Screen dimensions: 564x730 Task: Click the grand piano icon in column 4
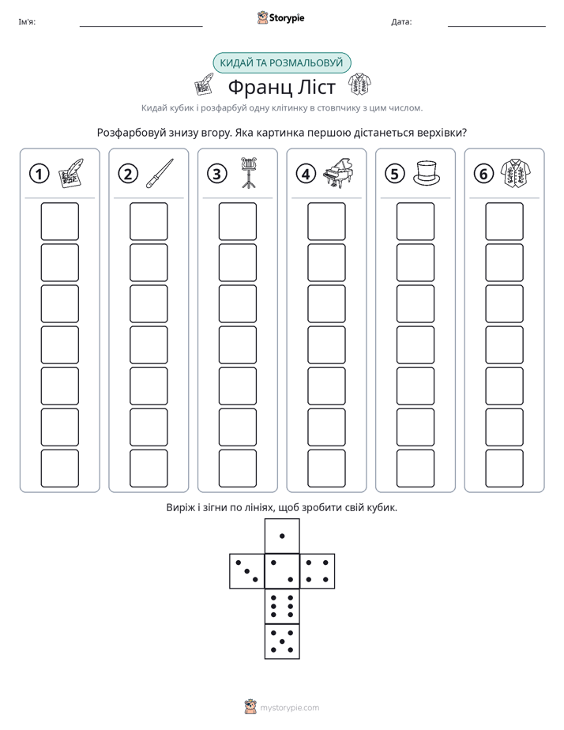338,173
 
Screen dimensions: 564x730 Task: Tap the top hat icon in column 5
427,173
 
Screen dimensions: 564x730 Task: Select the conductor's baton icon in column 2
160,173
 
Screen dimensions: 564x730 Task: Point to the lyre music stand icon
249,173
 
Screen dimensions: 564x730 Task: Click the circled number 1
39,174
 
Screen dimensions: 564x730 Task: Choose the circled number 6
483,174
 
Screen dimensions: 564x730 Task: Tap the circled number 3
217,174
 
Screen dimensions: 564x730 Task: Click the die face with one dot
282,536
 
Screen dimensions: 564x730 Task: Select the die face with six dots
282,606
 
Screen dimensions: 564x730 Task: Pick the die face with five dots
282,641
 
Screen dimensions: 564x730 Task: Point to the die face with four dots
318,570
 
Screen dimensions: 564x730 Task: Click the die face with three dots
247,570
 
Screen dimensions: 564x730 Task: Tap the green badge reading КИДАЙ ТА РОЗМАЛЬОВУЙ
281,63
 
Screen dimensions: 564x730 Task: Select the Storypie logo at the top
280,17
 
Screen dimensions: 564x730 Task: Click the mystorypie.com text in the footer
289,708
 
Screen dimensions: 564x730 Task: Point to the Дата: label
401,22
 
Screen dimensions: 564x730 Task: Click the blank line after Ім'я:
141,27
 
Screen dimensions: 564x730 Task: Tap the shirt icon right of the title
359,85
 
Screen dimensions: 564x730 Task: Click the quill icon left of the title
203,85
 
